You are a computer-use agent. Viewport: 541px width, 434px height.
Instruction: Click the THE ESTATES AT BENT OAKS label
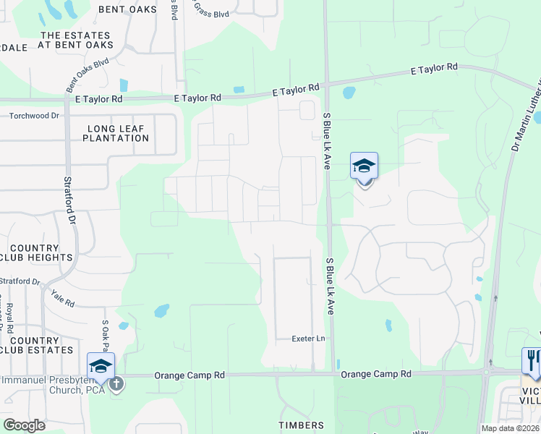[x=76, y=40]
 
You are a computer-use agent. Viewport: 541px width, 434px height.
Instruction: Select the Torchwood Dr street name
[x=34, y=116]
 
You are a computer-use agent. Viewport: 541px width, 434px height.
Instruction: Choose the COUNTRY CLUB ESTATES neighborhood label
[x=37, y=345]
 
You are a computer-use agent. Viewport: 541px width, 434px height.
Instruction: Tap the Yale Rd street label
[x=62, y=298]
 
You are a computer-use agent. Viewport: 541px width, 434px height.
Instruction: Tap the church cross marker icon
[x=116, y=384]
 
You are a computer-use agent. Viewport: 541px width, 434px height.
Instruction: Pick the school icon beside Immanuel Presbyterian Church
[x=101, y=366]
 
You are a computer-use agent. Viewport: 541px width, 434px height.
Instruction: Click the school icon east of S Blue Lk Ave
[x=364, y=166]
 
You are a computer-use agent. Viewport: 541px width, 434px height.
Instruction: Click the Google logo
[x=24, y=425]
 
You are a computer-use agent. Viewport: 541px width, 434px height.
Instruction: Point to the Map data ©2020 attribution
[x=509, y=428]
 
